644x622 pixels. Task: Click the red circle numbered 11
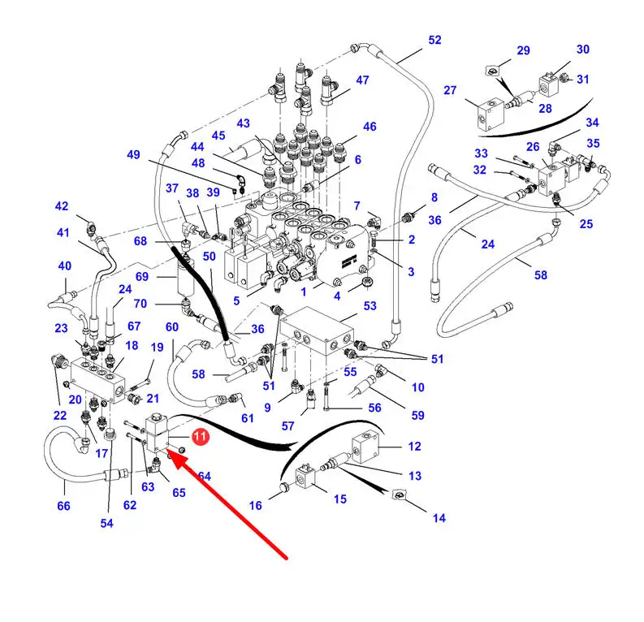tap(200, 436)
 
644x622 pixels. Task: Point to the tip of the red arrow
tap(168, 450)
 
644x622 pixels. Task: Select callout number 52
tap(434, 41)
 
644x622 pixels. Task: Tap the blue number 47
tap(362, 80)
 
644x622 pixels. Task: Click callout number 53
tap(370, 306)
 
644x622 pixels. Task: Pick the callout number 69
tap(142, 277)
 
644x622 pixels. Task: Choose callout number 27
tap(450, 90)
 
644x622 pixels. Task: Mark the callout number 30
tap(583, 50)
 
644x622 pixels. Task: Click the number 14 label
tap(439, 518)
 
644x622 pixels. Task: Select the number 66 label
tap(63, 506)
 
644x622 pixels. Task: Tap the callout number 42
tap(62, 206)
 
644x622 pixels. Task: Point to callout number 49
tap(133, 155)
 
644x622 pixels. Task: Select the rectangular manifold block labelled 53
tap(317, 331)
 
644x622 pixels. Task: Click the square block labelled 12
tap(365, 447)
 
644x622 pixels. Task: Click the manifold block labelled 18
tap(97, 380)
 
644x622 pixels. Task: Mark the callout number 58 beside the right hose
tap(541, 275)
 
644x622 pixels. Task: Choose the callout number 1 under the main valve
tap(304, 292)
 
